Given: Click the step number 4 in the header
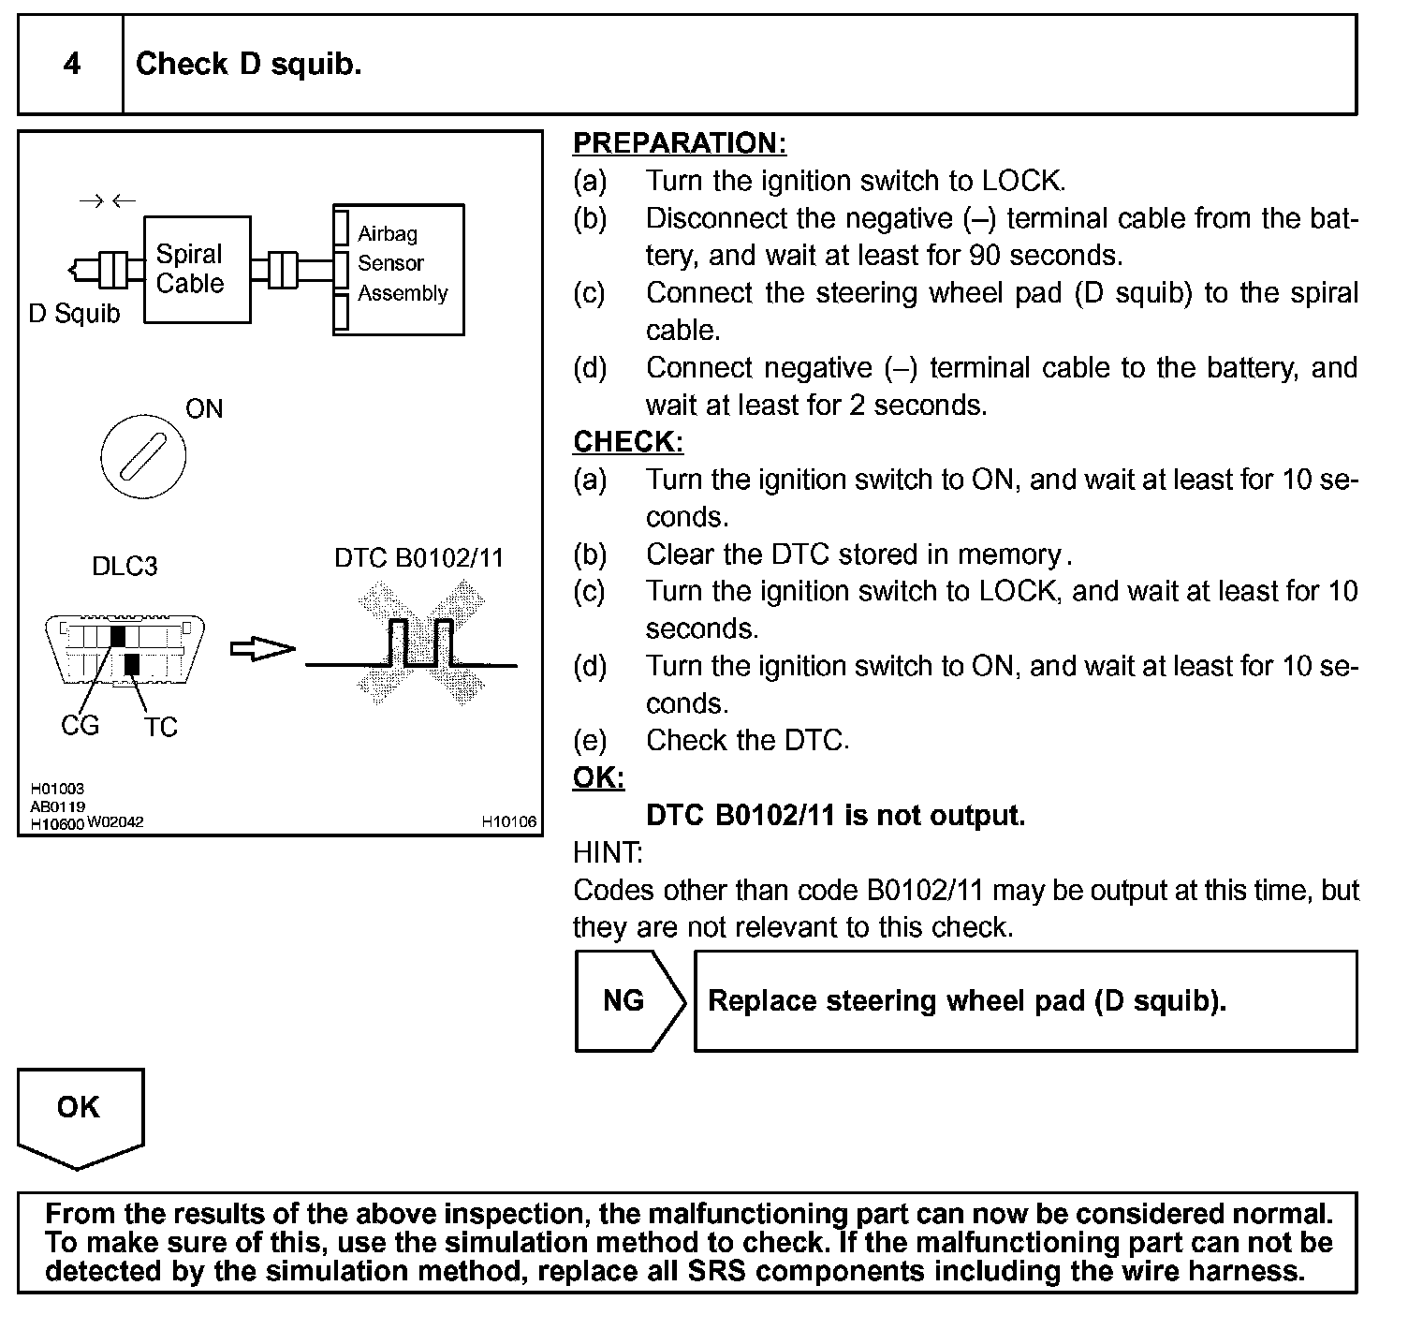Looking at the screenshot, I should pyautogui.click(x=71, y=65).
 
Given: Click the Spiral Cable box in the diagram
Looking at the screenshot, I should pyautogui.click(x=197, y=270).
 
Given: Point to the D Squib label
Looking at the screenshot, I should pyautogui.click(x=74, y=314).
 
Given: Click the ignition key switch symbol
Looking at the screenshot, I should pyautogui.click(x=143, y=457).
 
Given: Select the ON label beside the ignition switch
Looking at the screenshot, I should pyautogui.click(x=204, y=409).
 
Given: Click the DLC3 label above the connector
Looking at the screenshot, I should pyautogui.click(x=125, y=566).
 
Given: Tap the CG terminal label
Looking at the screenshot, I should pyautogui.click(x=80, y=726).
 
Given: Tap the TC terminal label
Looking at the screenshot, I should pyautogui.click(x=160, y=728).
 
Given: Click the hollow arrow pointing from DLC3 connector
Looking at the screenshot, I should pyautogui.click(x=262, y=648).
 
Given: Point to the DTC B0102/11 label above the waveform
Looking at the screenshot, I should pyautogui.click(x=418, y=559).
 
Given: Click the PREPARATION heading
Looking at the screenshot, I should pyautogui.click(x=679, y=143).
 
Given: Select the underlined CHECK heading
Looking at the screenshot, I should pyautogui.click(x=627, y=442).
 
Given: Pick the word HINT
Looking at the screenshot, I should pyautogui.click(x=607, y=853).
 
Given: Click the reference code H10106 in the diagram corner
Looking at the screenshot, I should pyautogui.click(x=509, y=822).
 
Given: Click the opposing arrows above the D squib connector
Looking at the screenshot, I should pyautogui.click(x=107, y=200).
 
